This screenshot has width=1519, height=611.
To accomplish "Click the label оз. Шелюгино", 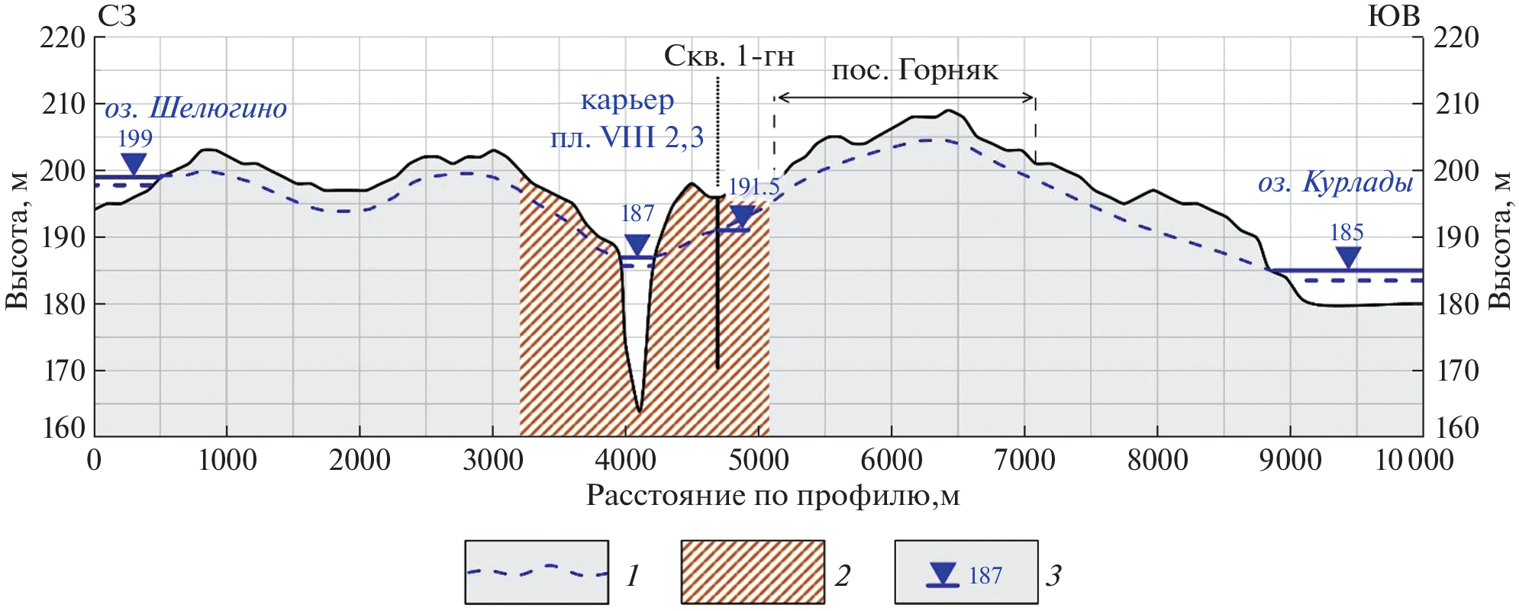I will pyautogui.click(x=195, y=108).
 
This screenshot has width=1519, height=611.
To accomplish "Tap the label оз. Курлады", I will pyautogui.click(x=1335, y=183).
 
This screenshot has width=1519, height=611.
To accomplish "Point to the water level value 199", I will pyautogui.click(x=135, y=139).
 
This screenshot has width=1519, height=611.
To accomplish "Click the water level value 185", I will pyautogui.click(x=1346, y=233).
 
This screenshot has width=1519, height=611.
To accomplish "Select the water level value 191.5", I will pyautogui.click(x=753, y=187).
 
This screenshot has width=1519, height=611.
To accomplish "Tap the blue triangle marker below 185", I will pyautogui.click(x=1348, y=258).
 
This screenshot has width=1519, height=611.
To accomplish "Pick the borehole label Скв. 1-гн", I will pyautogui.click(x=729, y=56).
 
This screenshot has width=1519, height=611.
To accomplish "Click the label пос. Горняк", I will pyautogui.click(x=914, y=70).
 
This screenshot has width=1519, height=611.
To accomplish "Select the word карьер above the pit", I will pyautogui.click(x=627, y=100).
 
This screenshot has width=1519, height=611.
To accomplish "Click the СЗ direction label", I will pyautogui.click(x=117, y=16).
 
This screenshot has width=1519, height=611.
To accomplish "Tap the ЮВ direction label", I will pyautogui.click(x=1393, y=16).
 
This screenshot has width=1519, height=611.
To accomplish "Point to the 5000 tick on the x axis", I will pyautogui.click(x=758, y=460).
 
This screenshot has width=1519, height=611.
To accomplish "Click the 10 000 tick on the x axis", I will pyautogui.click(x=1414, y=460).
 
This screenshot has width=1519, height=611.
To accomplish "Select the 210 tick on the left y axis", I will pyautogui.click(x=63, y=104).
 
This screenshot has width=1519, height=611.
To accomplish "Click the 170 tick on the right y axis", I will pyautogui.click(x=1456, y=371).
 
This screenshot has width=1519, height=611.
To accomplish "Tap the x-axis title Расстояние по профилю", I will pyautogui.click(x=772, y=496).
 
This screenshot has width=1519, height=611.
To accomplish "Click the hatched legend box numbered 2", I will pyautogui.click(x=752, y=572).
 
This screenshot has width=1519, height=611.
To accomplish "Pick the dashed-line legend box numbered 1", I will pyautogui.click(x=537, y=572).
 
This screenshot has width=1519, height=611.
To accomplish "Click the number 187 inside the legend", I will pyautogui.click(x=985, y=576).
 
